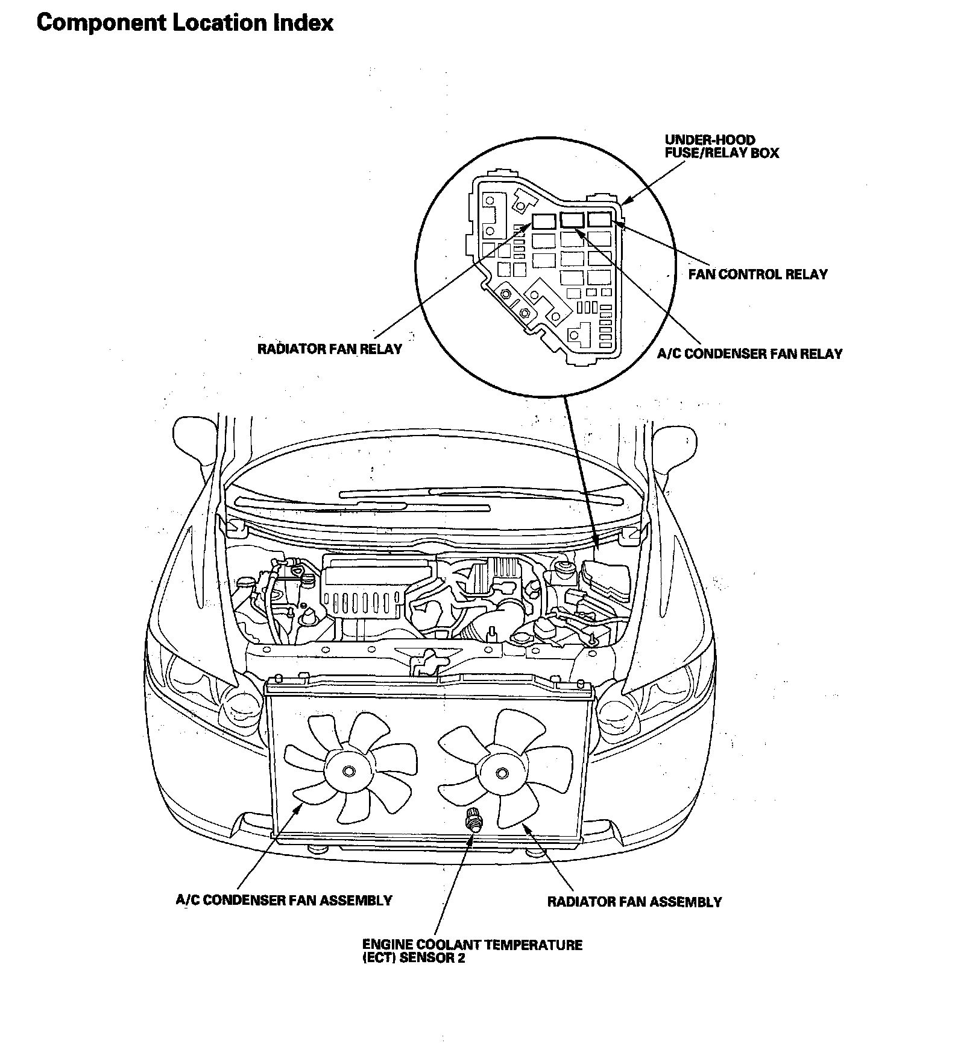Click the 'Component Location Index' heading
[184, 23]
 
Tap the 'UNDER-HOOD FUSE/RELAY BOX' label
[721, 147]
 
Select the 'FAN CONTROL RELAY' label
[758, 274]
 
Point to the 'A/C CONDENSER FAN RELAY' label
[749, 354]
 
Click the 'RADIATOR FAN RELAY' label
[329, 349]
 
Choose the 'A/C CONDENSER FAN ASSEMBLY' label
[283, 901]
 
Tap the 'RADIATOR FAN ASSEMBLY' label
[634, 902]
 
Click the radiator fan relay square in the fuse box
[544, 220]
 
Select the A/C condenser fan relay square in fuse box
[572, 220]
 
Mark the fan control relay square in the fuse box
[600, 219]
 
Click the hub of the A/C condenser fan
[348, 772]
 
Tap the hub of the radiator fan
[500, 773]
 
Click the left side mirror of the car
[192, 440]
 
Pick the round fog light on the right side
[614, 714]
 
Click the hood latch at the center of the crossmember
[426, 662]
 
